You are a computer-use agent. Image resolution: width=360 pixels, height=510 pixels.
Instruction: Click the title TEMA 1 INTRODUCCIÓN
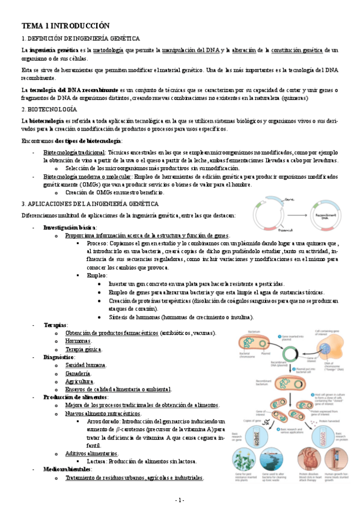[x=66, y=26]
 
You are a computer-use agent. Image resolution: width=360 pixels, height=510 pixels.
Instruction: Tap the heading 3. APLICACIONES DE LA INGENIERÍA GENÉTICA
[x=87, y=204]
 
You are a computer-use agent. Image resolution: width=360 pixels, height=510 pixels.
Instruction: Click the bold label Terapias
[x=55, y=325]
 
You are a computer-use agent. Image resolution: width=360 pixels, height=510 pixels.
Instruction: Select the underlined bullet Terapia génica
[x=83, y=349]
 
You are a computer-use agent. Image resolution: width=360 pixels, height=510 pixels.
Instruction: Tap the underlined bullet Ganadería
[x=79, y=373]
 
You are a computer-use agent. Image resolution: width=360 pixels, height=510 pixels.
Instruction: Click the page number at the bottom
[x=180, y=500]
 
